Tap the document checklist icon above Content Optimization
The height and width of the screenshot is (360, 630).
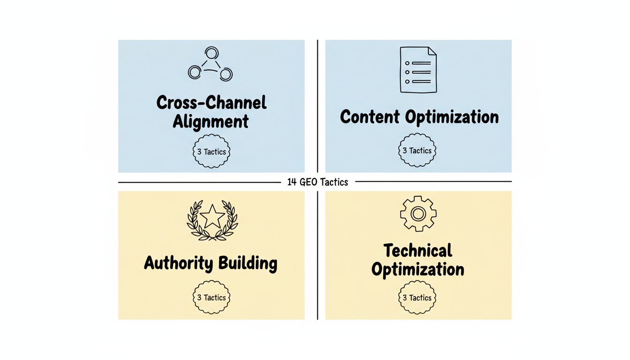tap(418, 69)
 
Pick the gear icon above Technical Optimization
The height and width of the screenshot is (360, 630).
tap(418, 214)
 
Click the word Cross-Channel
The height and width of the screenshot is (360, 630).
tap(211, 103)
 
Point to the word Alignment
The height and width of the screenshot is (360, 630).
tap(211, 121)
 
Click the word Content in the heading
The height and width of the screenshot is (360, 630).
tap(370, 117)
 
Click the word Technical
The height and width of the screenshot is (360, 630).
tap(418, 251)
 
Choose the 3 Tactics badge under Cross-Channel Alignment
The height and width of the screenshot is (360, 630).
tap(211, 151)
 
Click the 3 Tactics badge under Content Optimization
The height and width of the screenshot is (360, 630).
tap(417, 150)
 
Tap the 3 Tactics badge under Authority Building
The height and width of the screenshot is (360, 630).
tap(211, 298)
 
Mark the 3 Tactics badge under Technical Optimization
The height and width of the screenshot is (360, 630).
tap(417, 298)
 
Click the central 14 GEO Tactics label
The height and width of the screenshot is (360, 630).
tap(318, 182)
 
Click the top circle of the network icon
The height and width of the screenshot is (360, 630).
tap(211, 52)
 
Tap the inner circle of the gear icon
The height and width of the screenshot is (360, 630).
tap(418, 214)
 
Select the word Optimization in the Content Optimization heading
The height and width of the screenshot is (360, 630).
tap(452, 117)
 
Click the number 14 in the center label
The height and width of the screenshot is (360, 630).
tap(292, 182)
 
